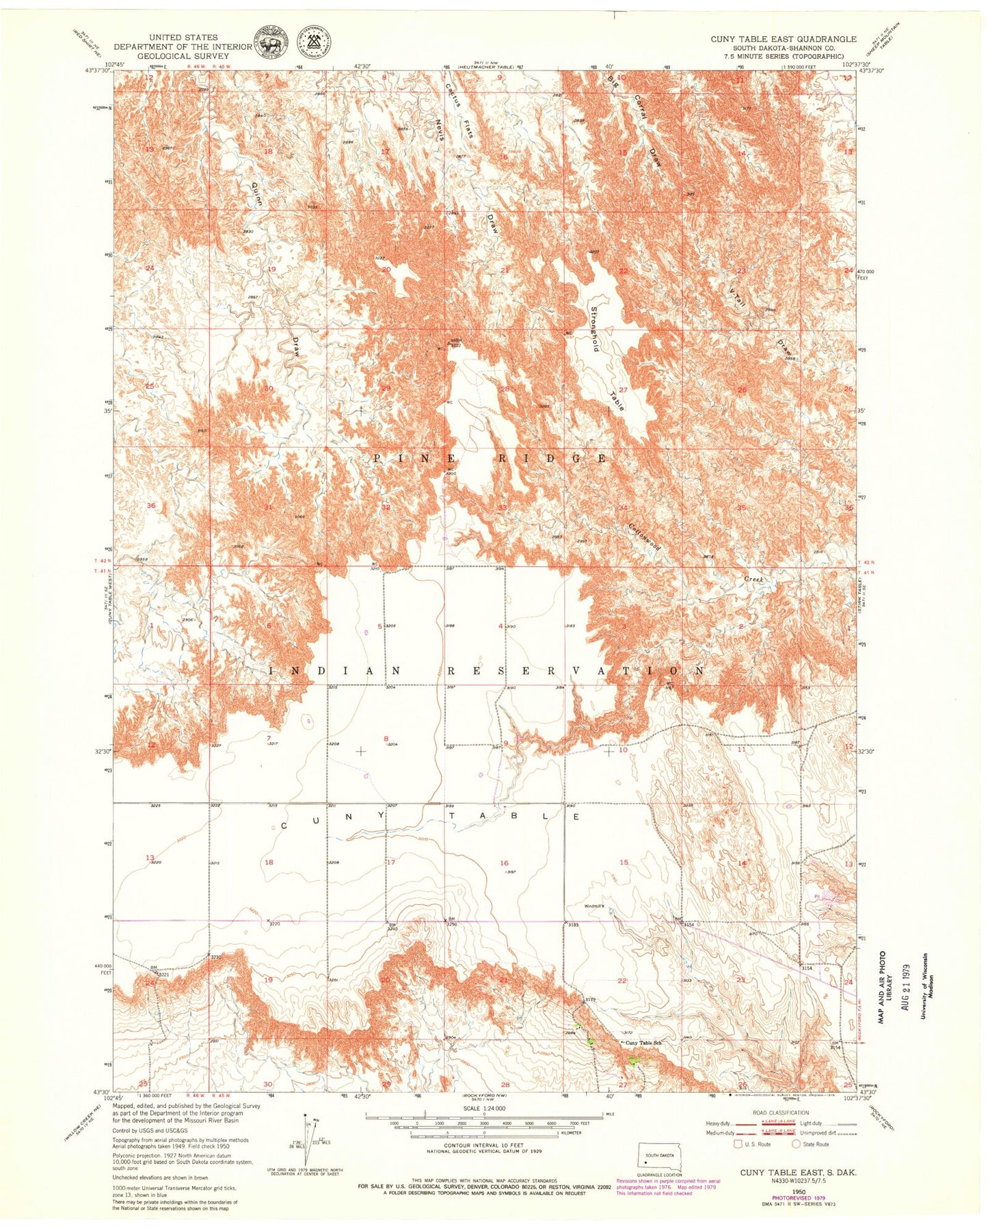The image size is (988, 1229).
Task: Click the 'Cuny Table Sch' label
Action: [641, 1042]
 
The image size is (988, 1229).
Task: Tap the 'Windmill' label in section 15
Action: [593, 907]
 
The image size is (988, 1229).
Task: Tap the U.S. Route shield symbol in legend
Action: [738, 1144]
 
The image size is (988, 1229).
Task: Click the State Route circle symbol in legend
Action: [796, 1144]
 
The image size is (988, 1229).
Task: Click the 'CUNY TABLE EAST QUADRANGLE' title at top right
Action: [783, 39]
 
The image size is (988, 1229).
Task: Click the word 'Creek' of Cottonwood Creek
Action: [754, 579]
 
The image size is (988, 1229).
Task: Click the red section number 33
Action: [503, 507]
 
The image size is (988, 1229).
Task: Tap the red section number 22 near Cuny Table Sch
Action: [622, 981]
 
